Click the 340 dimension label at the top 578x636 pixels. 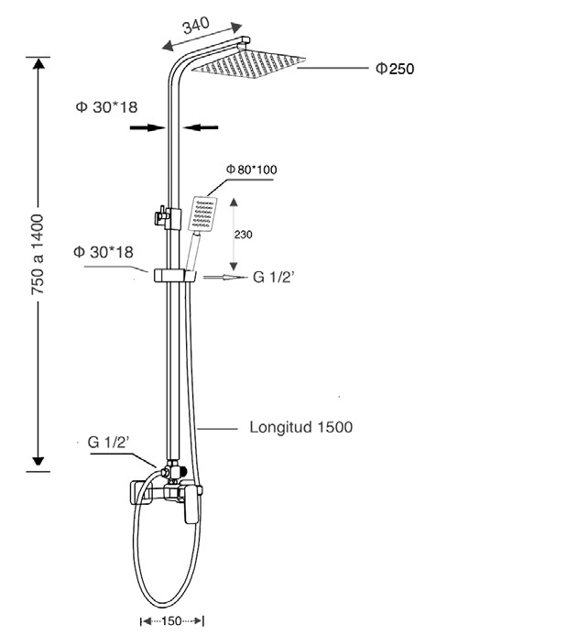tap(196, 25)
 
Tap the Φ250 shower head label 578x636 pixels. tap(395, 69)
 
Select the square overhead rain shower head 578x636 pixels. tap(248, 63)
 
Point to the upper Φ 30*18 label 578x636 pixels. tap(106, 107)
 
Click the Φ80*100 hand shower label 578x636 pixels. tap(251, 170)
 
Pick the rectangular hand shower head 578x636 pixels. tap(202, 214)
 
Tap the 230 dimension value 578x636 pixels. tap(243, 235)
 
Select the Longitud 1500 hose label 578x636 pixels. tap(300, 427)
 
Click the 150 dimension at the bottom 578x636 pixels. tap(171, 621)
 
